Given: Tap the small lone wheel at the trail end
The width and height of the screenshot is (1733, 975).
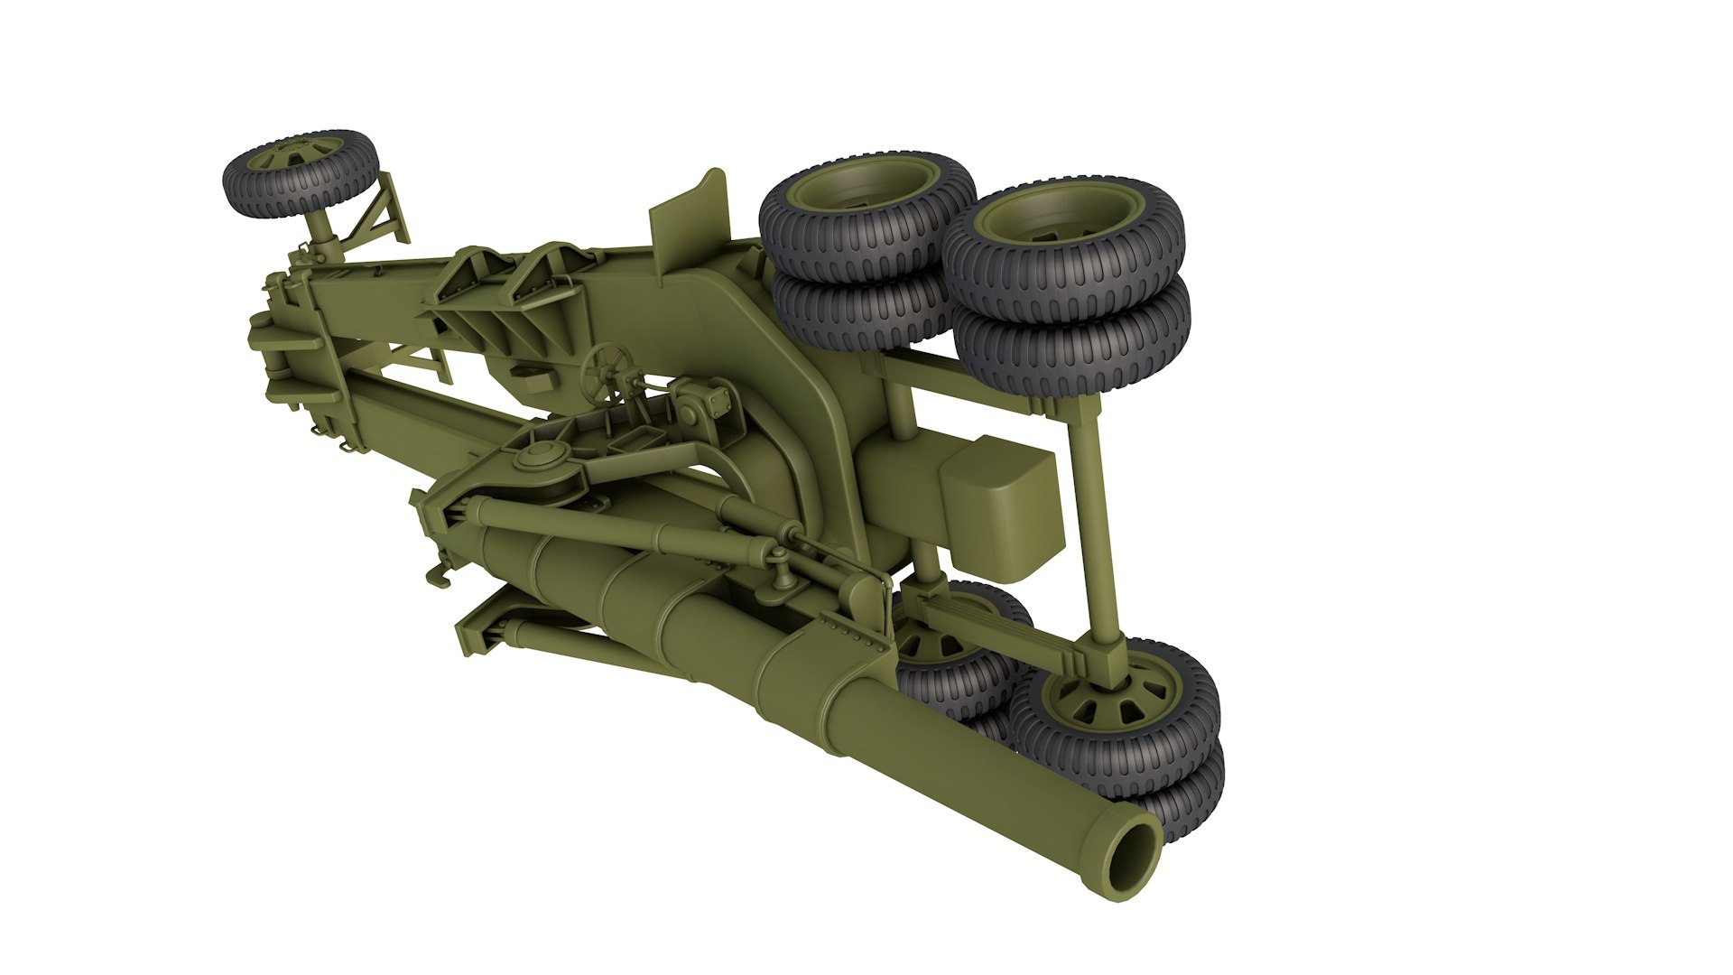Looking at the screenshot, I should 301,173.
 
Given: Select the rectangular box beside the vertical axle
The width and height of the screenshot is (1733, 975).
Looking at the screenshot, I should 1000,506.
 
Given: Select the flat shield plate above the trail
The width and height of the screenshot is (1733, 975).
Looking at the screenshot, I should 690,217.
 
